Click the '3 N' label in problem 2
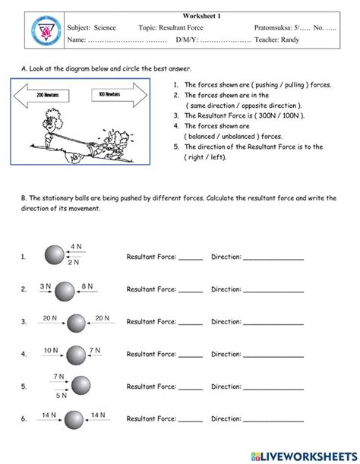coord(45,286)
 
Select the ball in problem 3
coord(75,323)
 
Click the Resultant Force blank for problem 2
coord(191,290)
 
